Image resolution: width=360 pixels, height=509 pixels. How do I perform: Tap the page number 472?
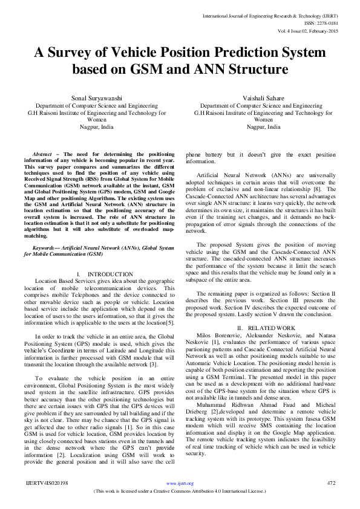click(x=331, y=483)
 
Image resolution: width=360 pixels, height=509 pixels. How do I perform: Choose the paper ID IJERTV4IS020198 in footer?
click(x=47, y=483)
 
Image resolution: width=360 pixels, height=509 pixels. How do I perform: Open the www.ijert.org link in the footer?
click(x=180, y=484)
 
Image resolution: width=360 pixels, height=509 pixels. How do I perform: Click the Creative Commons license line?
click(x=180, y=491)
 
